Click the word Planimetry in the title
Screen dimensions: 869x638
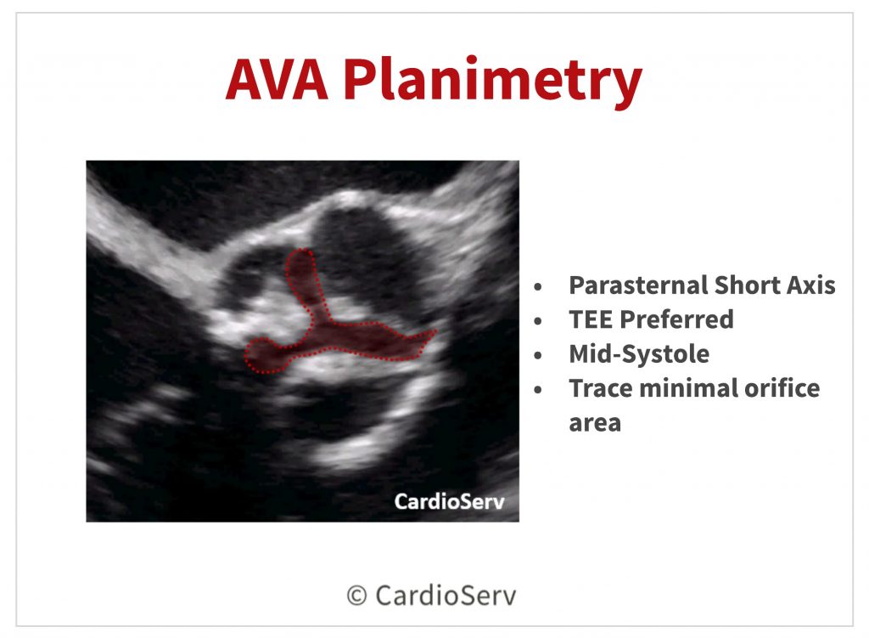[493, 82]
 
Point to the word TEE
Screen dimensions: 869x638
[591, 319]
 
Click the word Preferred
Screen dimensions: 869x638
[676, 319]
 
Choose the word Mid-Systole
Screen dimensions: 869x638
[639, 354]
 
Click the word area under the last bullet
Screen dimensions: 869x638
[595, 424]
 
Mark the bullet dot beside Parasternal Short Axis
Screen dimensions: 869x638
[537, 287]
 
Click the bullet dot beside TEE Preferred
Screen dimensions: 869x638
[537, 321]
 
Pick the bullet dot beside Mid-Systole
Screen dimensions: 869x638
[537, 356]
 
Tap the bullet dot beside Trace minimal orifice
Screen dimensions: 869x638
[537, 390]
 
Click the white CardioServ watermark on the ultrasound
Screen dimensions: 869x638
[450, 501]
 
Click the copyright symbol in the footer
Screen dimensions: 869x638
[357, 596]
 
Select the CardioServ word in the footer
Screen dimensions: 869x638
[446, 596]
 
